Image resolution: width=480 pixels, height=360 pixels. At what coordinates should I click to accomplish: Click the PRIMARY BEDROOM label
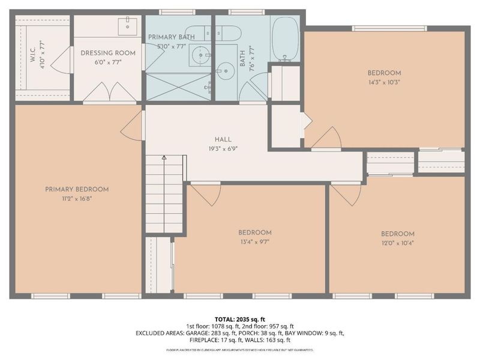[77, 189]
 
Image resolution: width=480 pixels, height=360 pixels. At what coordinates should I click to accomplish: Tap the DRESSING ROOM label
[108, 53]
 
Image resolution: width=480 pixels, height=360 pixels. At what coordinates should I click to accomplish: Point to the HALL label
[223, 139]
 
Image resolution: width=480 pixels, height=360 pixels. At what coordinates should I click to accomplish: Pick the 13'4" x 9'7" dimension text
[255, 242]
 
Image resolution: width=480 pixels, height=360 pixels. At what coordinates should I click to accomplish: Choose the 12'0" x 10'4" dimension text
[397, 243]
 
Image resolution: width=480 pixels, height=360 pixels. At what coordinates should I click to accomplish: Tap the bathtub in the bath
[284, 39]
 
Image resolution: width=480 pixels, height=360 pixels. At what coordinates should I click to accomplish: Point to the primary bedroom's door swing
[133, 127]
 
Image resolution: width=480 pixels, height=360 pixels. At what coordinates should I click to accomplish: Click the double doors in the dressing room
[108, 92]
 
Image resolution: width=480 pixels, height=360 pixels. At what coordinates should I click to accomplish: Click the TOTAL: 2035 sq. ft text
[240, 318]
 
